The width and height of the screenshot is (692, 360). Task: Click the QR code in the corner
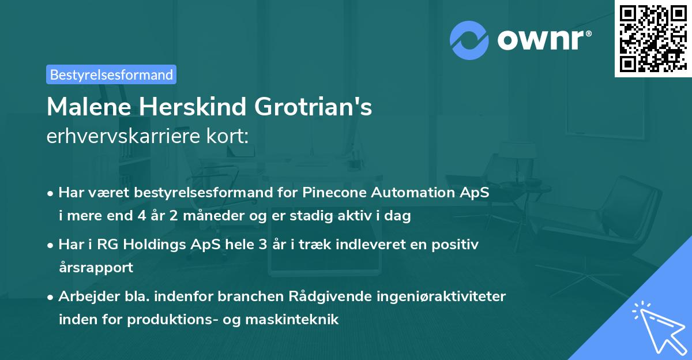pos(653,39)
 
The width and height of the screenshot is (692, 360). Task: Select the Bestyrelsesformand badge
pos(111,74)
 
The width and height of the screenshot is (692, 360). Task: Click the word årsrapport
pos(96,268)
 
